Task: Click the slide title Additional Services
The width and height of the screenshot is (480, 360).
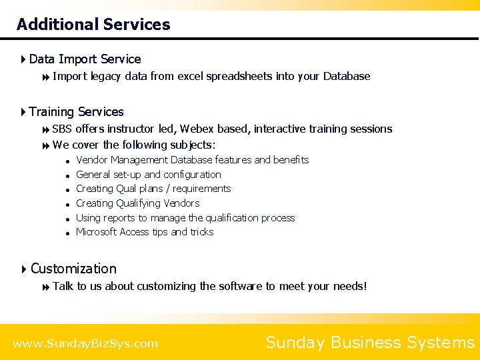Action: pyautogui.click(x=93, y=25)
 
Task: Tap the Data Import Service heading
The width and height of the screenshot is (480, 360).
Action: pyautogui.click(x=85, y=59)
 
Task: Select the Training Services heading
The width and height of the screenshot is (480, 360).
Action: pyautogui.click(x=76, y=112)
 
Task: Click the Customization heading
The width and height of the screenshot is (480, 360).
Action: pyautogui.click(x=73, y=269)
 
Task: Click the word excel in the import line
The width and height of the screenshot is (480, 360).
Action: pyautogui.click(x=189, y=76)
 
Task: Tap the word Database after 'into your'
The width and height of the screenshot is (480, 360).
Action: pyautogui.click(x=347, y=76)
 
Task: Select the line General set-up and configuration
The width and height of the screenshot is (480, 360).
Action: pyautogui.click(x=148, y=175)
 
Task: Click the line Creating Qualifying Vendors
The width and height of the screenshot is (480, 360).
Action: pyautogui.click(x=137, y=203)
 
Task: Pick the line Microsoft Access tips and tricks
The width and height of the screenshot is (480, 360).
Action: pyautogui.click(x=145, y=232)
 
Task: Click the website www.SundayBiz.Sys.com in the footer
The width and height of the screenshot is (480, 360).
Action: pyautogui.click(x=85, y=344)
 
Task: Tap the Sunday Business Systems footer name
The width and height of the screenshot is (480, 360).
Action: pyautogui.click(x=370, y=343)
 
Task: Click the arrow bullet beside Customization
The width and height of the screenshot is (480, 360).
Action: pyautogui.click(x=23, y=269)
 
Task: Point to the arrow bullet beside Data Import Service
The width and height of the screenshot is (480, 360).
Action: pyautogui.click(x=23, y=59)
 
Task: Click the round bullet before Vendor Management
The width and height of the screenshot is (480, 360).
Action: pyautogui.click(x=68, y=161)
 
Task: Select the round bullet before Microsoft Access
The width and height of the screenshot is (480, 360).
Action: pyautogui.click(x=68, y=233)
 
